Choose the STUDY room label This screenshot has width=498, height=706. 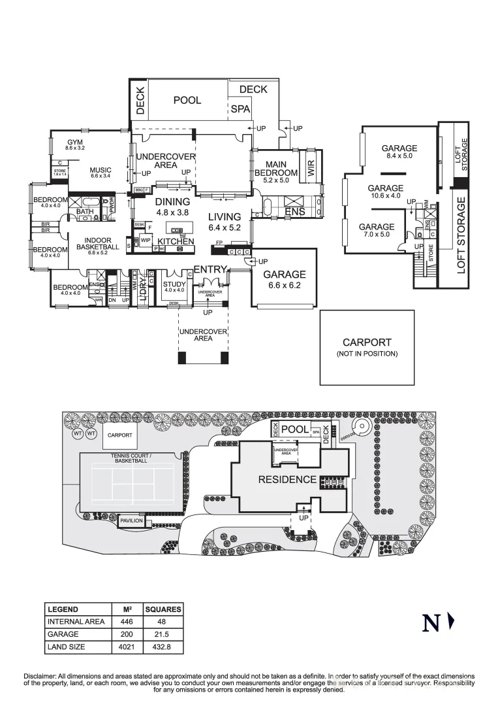pos(174,284)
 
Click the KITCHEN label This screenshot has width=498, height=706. pos(176,241)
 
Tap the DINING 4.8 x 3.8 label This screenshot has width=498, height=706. pos(173,207)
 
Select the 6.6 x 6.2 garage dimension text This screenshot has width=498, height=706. pos(285,285)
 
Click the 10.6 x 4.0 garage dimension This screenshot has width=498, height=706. pos(385,195)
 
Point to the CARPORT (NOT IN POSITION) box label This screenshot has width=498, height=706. pos(367,346)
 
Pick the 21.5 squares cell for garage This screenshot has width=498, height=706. pos(163,634)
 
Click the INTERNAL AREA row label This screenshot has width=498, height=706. pos(76,622)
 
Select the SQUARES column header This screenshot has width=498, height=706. pos(163,609)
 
